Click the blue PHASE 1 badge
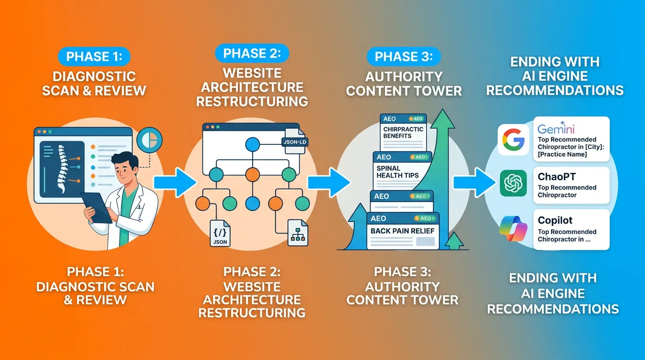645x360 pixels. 94,57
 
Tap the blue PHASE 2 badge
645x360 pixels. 252,53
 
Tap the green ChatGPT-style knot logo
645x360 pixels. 513,183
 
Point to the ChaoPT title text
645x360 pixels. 557,177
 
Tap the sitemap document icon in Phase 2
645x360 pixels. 298,233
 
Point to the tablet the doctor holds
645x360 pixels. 97,207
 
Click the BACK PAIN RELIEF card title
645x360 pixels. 402,231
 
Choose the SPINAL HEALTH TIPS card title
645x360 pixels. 397,172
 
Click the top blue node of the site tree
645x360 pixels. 252,143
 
